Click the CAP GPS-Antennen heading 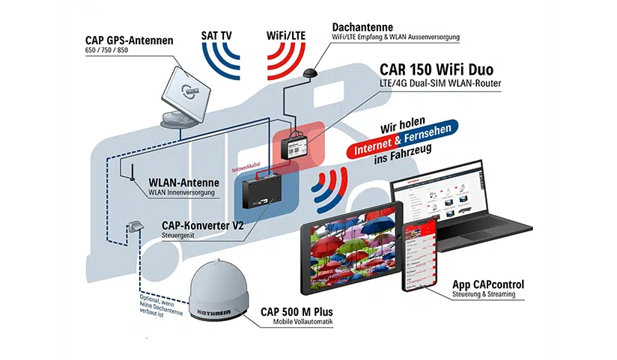coord(128,40)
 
